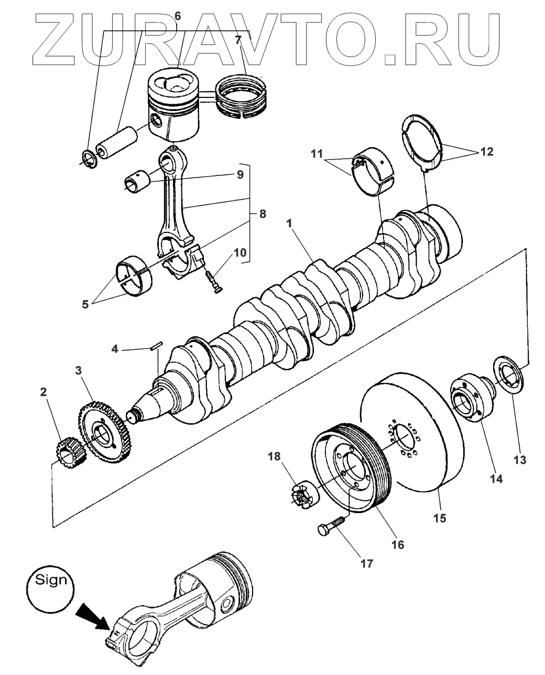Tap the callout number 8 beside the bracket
(262, 214)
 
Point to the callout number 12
(486, 152)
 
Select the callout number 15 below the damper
(439, 518)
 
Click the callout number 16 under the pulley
(398, 545)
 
